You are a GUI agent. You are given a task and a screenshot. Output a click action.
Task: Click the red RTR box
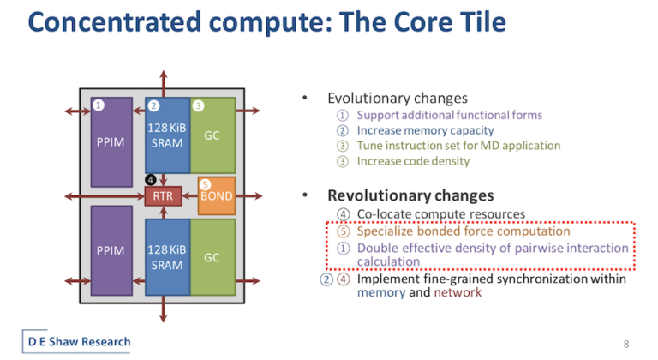[164, 196]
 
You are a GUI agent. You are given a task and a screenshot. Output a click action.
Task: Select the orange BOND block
[217, 195]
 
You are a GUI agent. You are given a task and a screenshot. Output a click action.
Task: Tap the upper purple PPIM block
[111, 142]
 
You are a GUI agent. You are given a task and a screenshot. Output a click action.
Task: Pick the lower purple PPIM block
[111, 250]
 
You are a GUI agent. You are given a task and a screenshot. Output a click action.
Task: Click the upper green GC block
[212, 135]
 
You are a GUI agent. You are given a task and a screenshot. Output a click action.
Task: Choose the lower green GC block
[212, 257]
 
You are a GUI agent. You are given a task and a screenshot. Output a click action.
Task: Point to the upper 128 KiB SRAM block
[167, 135]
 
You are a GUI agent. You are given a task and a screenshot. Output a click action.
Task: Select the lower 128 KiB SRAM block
[167, 257]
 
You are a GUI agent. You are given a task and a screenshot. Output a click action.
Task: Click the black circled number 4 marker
[151, 180]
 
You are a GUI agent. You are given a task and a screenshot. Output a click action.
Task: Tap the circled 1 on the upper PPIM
[99, 105]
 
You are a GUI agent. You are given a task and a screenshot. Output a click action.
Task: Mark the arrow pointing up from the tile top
[164, 84]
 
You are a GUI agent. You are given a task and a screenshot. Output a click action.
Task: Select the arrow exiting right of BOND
[249, 195]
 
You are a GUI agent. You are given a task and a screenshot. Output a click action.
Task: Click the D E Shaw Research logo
[76, 341]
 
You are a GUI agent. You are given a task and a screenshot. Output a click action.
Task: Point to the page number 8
[626, 344]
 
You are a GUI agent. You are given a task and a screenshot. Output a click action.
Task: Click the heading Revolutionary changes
[410, 195]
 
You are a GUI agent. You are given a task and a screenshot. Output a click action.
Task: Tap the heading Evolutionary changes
[398, 99]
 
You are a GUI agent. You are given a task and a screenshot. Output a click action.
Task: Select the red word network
[458, 292]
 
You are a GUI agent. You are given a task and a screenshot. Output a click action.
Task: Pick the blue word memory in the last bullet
[381, 293]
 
